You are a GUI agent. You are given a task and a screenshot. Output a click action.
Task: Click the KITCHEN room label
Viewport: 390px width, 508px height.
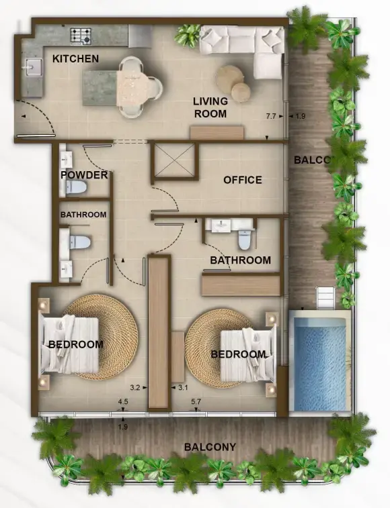point(75,59)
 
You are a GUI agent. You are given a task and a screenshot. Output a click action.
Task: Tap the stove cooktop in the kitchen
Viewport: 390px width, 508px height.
point(81,35)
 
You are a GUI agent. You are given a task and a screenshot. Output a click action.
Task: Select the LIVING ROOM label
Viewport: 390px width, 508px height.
point(210,107)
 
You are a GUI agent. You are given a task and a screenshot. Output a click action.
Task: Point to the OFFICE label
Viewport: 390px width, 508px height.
point(242,180)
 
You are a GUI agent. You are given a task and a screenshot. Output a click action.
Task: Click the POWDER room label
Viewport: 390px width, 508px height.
point(84,175)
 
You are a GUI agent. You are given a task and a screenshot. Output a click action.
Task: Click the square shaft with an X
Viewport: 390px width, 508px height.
point(173,160)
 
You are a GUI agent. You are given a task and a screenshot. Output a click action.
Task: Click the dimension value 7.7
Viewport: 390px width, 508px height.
point(272,117)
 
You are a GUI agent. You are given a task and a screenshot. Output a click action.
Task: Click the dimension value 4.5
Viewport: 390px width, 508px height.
point(123,402)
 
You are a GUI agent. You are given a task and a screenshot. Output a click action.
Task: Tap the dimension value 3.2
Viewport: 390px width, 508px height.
point(134,387)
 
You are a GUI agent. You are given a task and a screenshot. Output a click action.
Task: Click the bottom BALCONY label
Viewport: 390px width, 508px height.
point(210,447)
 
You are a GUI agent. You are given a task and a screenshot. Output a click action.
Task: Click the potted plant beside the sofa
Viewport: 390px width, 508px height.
point(188,34)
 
